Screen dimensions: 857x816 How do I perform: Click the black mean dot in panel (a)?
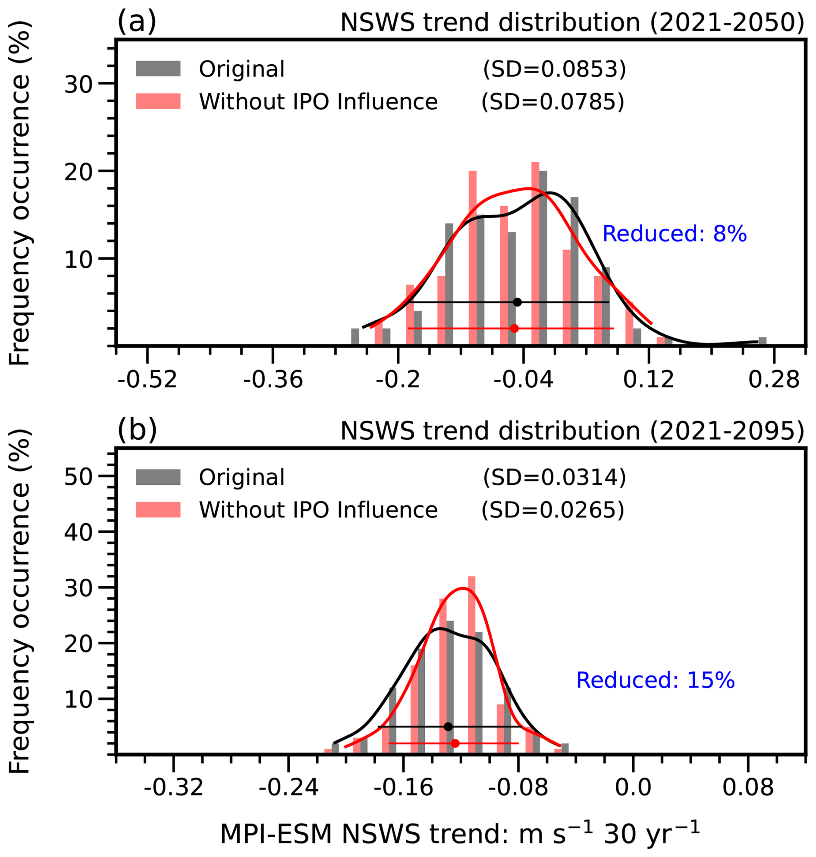click(x=517, y=302)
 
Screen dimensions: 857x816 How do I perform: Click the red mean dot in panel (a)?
click(x=514, y=329)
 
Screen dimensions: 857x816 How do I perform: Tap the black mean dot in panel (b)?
click(x=448, y=727)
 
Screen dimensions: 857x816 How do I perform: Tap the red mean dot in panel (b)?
click(x=455, y=744)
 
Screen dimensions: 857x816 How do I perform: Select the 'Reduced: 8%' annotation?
click(x=674, y=234)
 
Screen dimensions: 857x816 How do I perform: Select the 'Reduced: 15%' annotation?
click(x=655, y=680)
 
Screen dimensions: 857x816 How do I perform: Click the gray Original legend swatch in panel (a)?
click(x=158, y=69)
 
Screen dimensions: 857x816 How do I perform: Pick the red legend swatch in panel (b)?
click(x=158, y=509)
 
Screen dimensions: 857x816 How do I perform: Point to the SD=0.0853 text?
click(x=555, y=69)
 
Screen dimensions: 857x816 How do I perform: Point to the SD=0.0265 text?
click(x=553, y=510)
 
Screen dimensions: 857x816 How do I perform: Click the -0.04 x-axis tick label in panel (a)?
click(x=523, y=380)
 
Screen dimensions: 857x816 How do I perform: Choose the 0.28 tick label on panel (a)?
click(x=774, y=380)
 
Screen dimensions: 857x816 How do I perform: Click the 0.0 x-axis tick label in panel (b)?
click(x=633, y=788)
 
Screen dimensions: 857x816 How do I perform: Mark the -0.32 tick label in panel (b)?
click(x=173, y=788)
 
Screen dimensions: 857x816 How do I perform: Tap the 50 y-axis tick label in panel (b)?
click(x=78, y=477)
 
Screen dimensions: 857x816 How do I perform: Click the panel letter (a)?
click(x=137, y=22)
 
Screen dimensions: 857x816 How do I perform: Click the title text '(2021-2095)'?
click(x=727, y=431)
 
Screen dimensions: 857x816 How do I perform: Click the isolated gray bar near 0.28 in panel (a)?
click(x=762, y=341)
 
